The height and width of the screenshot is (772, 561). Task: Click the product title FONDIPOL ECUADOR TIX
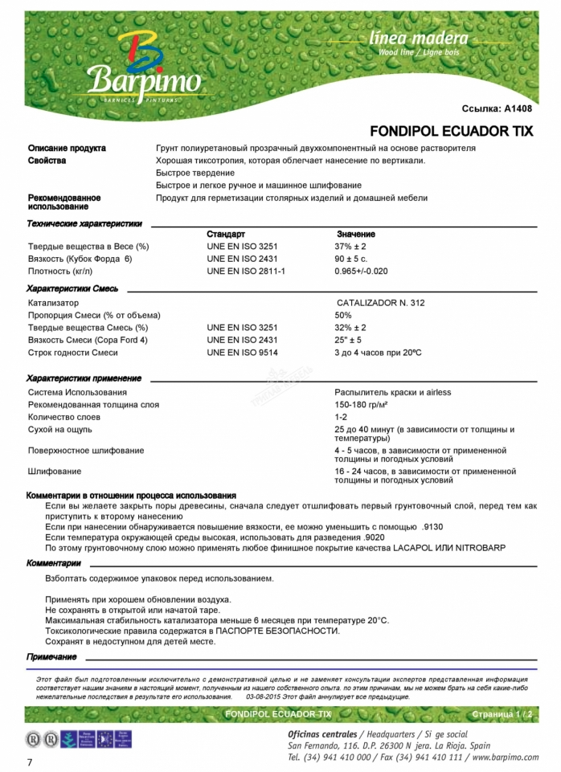click(x=450, y=131)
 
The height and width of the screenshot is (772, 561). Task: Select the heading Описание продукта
click(x=67, y=149)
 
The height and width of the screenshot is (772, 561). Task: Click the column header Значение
click(x=356, y=234)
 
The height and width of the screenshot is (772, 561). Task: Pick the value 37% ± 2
click(x=351, y=247)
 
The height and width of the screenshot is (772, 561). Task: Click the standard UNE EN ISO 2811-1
click(x=246, y=272)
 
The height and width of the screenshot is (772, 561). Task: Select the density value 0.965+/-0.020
click(x=362, y=272)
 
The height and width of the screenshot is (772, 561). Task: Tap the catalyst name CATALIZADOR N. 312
click(x=381, y=303)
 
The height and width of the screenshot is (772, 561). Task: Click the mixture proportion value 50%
click(x=343, y=316)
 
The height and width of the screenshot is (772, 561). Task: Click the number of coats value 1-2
click(x=341, y=418)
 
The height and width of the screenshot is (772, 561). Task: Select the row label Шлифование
click(x=55, y=472)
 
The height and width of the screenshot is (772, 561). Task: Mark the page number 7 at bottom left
click(x=31, y=762)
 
